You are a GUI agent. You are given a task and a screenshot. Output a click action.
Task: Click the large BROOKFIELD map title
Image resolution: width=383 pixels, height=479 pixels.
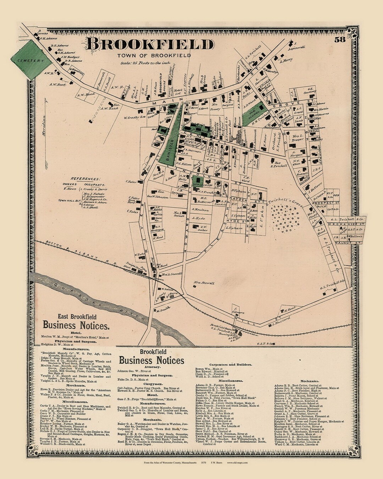[149, 45]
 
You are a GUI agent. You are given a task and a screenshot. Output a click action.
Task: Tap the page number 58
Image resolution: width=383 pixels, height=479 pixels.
[339, 40]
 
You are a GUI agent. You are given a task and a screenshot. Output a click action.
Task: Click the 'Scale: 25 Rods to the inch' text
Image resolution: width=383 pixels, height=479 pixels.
[145, 63]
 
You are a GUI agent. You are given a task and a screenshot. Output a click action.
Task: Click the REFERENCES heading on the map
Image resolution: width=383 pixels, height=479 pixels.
[85, 179]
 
